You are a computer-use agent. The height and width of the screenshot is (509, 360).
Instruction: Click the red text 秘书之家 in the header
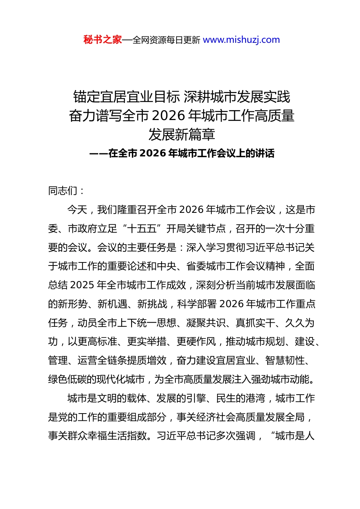(103, 40)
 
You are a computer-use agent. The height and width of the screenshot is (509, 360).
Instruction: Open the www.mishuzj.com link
(241, 40)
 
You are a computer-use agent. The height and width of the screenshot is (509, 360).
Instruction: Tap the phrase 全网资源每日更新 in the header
(166, 40)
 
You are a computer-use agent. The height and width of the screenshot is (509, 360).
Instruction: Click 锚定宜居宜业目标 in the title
(127, 97)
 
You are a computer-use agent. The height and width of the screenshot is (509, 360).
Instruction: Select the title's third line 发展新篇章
(182, 134)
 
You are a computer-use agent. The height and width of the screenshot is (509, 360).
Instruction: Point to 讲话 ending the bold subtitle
(265, 153)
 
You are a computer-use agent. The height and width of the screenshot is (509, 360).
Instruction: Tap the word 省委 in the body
(196, 266)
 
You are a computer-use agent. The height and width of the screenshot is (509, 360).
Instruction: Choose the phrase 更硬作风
(196, 342)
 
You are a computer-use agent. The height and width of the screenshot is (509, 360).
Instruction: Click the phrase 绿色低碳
(68, 379)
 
